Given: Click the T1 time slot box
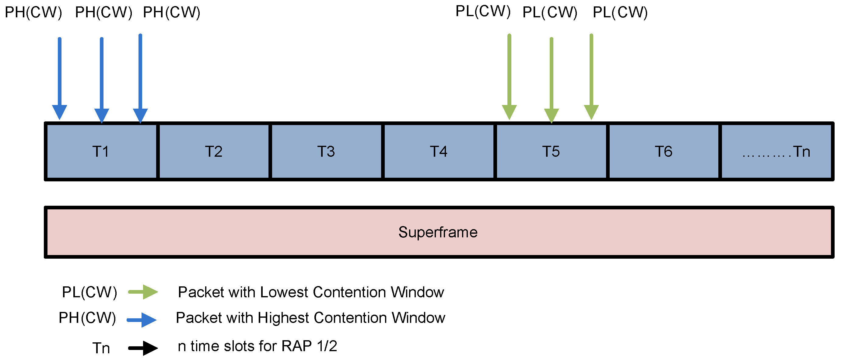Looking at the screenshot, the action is pyautogui.click(x=101, y=152).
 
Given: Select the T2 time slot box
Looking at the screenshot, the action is pyautogui.click(x=214, y=152).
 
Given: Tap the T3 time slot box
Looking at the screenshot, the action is pyautogui.click(x=327, y=152).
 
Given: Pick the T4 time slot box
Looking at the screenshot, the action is pyautogui.click(x=439, y=152).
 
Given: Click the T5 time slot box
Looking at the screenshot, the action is pyautogui.click(x=552, y=152).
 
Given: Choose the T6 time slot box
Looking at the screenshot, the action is pyautogui.click(x=664, y=152).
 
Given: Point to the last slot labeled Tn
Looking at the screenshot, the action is pyautogui.click(x=776, y=152).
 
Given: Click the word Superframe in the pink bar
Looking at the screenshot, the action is pyautogui.click(x=438, y=232).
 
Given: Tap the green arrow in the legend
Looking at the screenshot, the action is pyautogui.click(x=143, y=292).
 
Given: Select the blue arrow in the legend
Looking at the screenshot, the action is pyautogui.click(x=142, y=320).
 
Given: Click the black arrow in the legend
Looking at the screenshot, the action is pyautogui.click(x=143, y=348).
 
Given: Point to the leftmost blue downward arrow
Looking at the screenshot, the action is pyautogui.click(x=59, y=79).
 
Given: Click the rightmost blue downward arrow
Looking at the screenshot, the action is pyautogui.click(x=140, y=79).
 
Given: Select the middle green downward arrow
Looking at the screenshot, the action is pyautogui.click(x=552, y=81).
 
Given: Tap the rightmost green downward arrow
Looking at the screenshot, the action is pyautogui.click(x=591, y=77).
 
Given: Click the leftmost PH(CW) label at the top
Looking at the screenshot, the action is pyautogui.click(x=33, y=13).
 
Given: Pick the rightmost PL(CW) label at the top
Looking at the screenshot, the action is pyautogui.click(x=620, y=13).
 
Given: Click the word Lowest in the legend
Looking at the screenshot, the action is pyautogui.click(x=283, y=292).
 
